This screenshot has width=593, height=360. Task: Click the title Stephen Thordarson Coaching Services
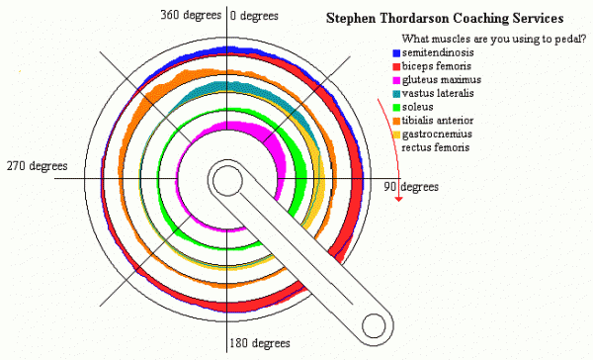(445, 18)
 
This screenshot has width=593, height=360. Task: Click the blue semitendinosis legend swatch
(396, 53)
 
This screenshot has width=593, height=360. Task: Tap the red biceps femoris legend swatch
(396, 67)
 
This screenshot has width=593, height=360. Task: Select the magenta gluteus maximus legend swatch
(396, 81)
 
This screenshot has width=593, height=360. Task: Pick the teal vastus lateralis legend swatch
(396, 94)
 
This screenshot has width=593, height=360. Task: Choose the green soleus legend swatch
(396, 108)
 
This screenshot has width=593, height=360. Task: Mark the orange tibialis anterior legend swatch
(396, 121)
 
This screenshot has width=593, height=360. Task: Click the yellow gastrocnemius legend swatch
(396, 135)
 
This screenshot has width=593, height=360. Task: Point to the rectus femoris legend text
(435, 147)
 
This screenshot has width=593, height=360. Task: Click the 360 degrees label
(191, 15)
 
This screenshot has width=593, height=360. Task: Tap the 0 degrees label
(254, 16)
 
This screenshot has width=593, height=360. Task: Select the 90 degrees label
(411, 187)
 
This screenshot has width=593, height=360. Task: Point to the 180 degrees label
(260, 343)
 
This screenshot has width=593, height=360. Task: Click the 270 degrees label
(38, 166)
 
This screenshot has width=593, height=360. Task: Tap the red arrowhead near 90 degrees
(398, 199)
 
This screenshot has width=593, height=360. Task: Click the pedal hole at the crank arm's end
(374, 325)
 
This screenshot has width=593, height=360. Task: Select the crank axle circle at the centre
(227, 181)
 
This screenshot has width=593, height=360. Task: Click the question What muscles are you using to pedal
(494, 39)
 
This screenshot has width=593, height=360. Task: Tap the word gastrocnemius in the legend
(437, 135)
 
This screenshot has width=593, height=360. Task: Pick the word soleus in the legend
(417, 107)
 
